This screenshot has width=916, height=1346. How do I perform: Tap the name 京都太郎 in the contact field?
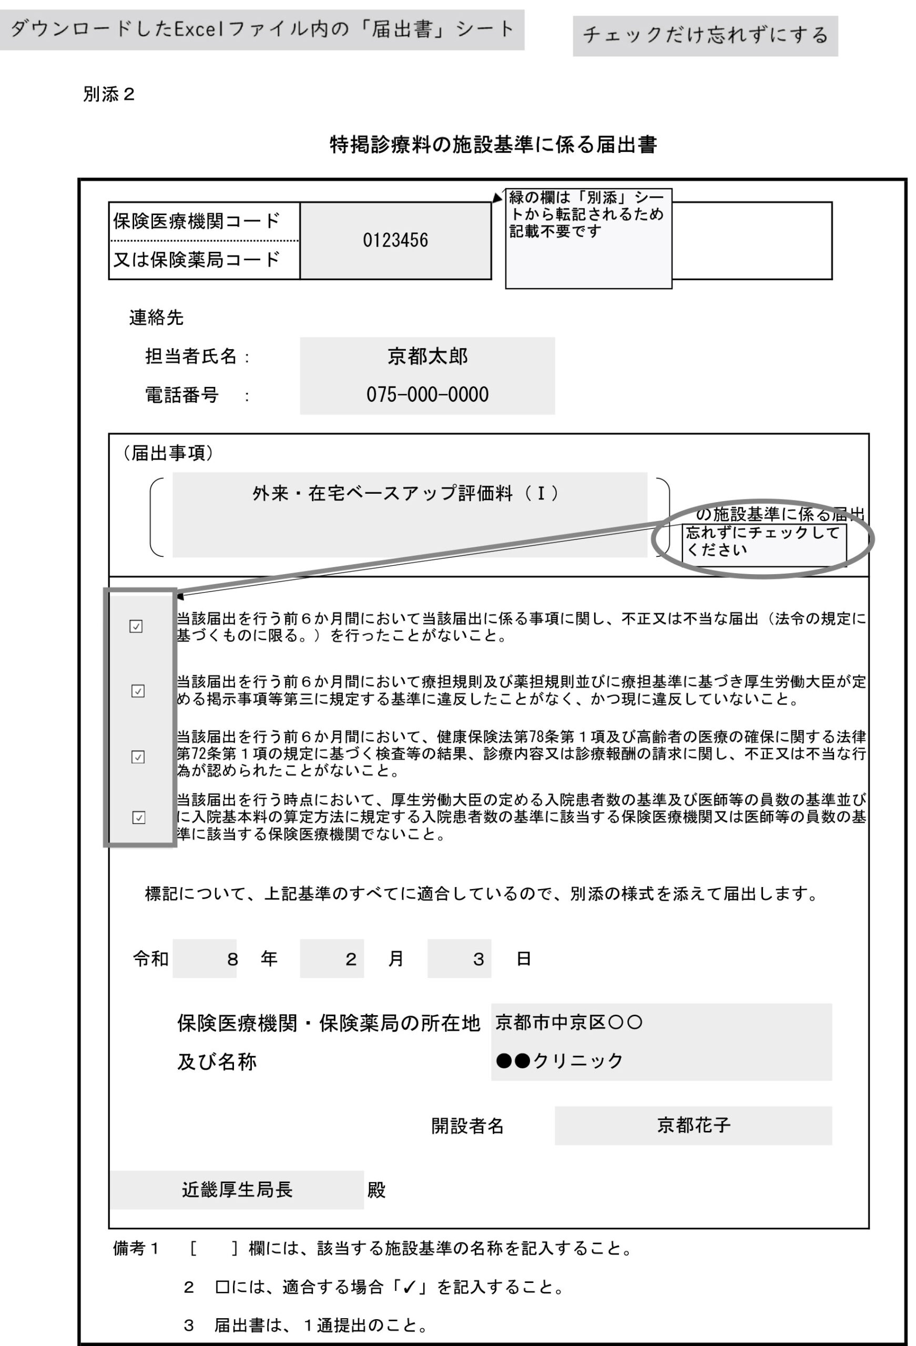coord(427,356)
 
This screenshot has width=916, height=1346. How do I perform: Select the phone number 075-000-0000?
coord(427,395)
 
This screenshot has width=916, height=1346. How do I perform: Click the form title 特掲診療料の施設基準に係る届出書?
coord(493,145)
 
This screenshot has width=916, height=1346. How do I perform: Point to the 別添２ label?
coord(108,95)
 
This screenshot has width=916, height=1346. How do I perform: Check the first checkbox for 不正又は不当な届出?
coord(136,626)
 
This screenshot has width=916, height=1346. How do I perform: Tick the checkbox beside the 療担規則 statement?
coord(138,691)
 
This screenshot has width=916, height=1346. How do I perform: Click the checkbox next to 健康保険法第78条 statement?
coord(138,757)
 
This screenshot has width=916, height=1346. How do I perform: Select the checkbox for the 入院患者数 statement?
coord(138,817)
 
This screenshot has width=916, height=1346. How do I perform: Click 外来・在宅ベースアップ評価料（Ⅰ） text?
coord(405,494)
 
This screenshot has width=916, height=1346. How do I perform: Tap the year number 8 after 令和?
coord(232,960)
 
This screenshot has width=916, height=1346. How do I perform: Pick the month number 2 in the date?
coord(351,960)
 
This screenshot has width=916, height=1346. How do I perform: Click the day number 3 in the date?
coord(478,960)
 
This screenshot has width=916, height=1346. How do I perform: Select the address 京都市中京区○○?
coord(568,1022)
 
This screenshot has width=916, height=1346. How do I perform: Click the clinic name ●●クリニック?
coord(559,1061)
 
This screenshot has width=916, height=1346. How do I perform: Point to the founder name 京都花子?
coord(693,1125)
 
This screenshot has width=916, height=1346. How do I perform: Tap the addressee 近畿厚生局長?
coord(237,1190)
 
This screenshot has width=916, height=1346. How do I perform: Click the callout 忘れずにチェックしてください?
coord(763,542)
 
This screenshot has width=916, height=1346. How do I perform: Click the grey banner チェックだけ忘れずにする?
coord(705,36)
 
